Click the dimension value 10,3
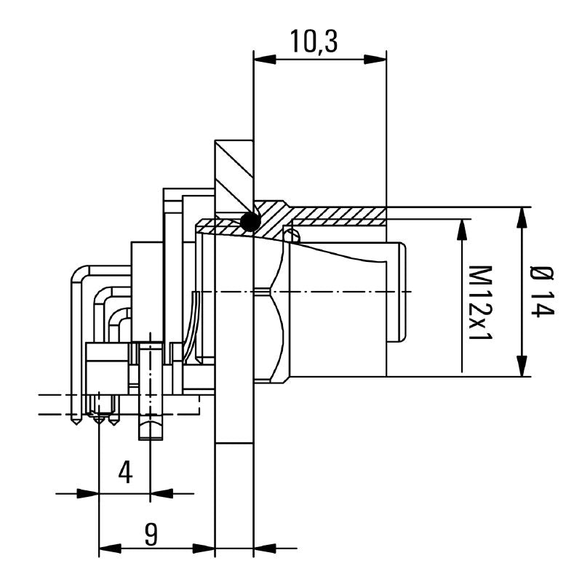[x=314, y=42]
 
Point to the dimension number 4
[x=125, y=473]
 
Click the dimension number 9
[x=151, y=535]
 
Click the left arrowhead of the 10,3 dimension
[x=260, y=57]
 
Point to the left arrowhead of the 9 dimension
[x=108, y=547]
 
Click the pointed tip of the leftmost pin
[x=76, y=421]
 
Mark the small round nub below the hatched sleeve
[x=292, y=235]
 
